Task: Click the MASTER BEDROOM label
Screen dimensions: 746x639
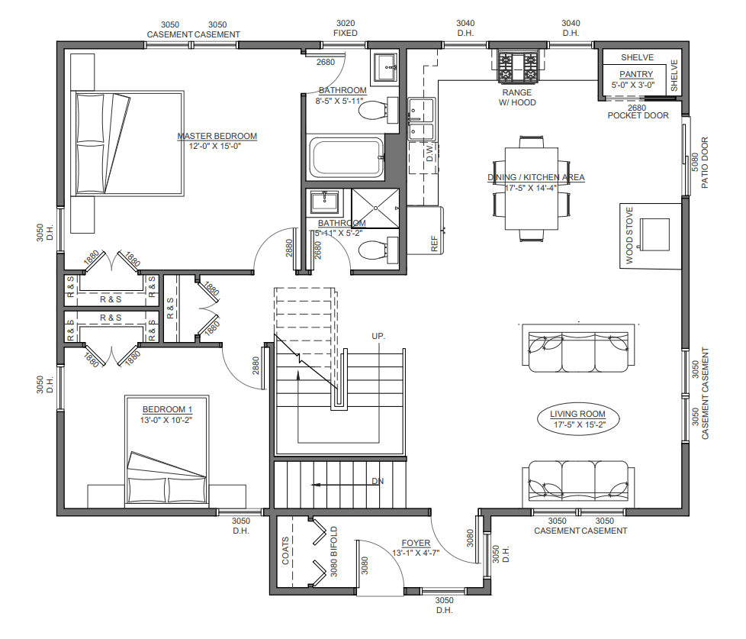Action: [x=217, y=136]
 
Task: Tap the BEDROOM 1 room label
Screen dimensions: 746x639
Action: [x=167, y=409]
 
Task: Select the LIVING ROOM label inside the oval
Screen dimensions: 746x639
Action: [x=577, y=414]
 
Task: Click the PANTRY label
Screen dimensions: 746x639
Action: [x=636, y=74]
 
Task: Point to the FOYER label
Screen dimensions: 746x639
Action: [x=416, y=543]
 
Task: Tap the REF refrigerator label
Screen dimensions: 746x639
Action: [x=434, y=244]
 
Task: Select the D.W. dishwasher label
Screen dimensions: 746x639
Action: [x=430, y=153]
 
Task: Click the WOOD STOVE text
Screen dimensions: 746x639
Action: [x=629, y=235]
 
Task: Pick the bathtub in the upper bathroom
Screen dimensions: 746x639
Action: [x=346, y=157]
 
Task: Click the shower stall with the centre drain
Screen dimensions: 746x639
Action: [x=375, y=208]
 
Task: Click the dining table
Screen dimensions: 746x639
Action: [x=532, y=189]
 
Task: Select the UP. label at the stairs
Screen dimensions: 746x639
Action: [x=378, y=336]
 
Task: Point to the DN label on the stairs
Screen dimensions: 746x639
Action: [x=378, y=482]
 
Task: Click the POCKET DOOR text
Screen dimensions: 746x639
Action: [x=638, y=115]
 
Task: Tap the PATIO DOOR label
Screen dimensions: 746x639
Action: [x=705, y=163]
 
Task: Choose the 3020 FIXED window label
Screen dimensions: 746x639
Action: [x=346, y=28]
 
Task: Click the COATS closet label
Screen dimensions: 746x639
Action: [x=285, y=551]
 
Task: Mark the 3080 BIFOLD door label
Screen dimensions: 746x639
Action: [x=333, y=551]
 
